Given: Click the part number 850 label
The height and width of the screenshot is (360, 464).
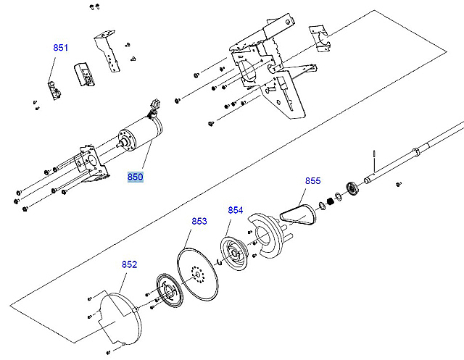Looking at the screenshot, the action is [136, 177].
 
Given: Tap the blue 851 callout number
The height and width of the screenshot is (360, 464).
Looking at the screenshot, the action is [60, 48].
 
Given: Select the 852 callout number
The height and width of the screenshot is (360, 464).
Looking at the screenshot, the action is [129, 264].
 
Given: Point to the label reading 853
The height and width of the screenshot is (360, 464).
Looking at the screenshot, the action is [199, 221].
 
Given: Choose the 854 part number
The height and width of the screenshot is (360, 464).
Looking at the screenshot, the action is [235, 210].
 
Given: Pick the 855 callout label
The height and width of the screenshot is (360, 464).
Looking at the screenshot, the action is [312, 180].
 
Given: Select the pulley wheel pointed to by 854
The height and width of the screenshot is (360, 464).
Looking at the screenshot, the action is [233, 254].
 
